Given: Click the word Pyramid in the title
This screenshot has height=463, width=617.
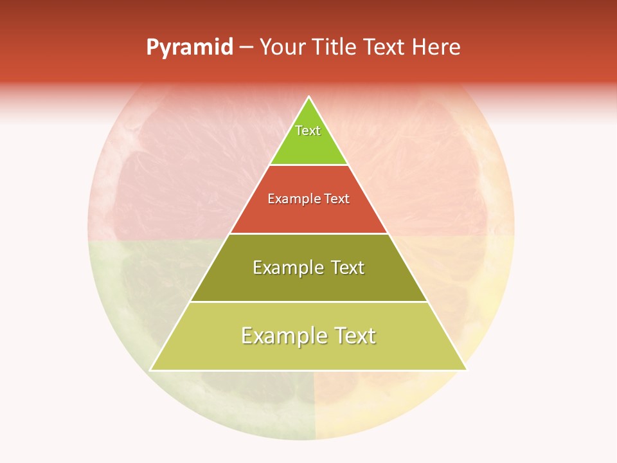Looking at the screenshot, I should pyautogui.click(x=190, y=48).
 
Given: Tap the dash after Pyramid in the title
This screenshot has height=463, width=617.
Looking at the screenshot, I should pyautogui.click(x=246, y=48).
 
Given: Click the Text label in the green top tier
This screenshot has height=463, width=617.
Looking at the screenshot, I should pyautogui.click(x=308, y=131).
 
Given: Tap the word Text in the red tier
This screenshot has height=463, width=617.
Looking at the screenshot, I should pyautogui.click(x=337, y=199).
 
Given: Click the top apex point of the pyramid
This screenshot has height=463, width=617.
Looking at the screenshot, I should pyautogui.click(x=308, y=97).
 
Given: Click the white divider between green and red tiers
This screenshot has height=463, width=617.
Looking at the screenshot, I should pyautogui.click(x=308, y=165).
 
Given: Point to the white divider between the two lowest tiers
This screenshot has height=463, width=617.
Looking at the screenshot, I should pyautogui.click(x=308, y=302).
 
